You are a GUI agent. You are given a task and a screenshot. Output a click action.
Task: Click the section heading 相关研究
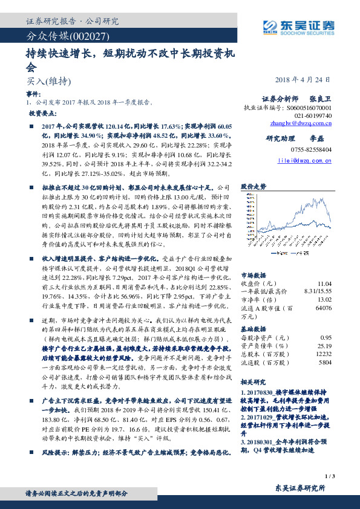pos(253,383)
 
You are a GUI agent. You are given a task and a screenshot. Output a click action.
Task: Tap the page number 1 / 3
pos(330,476)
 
